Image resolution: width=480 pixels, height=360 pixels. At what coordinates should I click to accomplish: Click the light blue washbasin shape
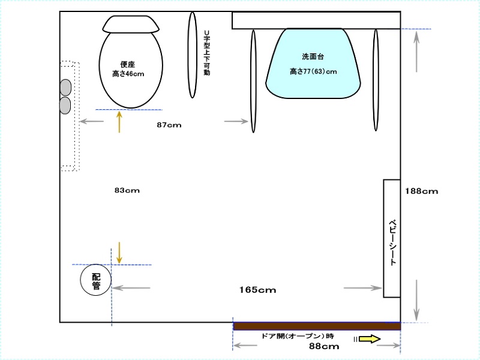tap(313, 64)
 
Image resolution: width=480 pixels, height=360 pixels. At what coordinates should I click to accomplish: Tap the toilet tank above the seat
tap(131, 24)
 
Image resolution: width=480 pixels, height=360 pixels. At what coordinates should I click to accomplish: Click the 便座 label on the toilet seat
tap(128, 64)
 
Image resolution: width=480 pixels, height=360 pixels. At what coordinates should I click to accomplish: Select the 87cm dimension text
tap(169, 125)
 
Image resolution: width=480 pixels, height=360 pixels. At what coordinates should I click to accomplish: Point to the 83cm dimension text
tap(127, 190)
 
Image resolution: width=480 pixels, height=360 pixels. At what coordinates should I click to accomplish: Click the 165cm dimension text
tap(258, 290)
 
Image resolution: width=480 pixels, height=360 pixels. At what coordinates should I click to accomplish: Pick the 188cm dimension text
tap(422, 191)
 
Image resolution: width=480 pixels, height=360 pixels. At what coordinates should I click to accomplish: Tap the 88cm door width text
tap(324, 346)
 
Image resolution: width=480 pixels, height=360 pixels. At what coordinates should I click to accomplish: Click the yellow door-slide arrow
tap(370, 339)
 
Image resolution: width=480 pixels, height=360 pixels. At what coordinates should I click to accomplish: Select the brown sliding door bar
tap(317, 326)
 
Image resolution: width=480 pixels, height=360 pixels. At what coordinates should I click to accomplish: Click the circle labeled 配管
tap(96, 280)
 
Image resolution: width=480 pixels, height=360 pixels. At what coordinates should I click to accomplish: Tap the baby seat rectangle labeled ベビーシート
tap(392, 238)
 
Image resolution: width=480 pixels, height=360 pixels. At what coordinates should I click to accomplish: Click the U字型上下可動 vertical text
tap(207, 53)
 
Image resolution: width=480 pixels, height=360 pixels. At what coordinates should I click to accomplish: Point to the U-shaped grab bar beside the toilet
tap(192, 55)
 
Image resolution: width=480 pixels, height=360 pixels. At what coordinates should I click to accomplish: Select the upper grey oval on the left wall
tap(65, 88)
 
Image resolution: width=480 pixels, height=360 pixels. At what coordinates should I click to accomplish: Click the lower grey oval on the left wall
tap(65, 106)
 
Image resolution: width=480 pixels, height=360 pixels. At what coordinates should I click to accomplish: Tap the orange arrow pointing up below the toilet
tap(119, 122)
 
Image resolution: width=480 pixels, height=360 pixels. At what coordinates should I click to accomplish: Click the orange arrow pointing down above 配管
tap(119, 253)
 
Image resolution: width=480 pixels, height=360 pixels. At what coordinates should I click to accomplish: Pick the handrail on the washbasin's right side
tap(376, 80)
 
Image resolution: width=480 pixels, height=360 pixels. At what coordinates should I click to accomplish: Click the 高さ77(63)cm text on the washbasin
tap(313, 71)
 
